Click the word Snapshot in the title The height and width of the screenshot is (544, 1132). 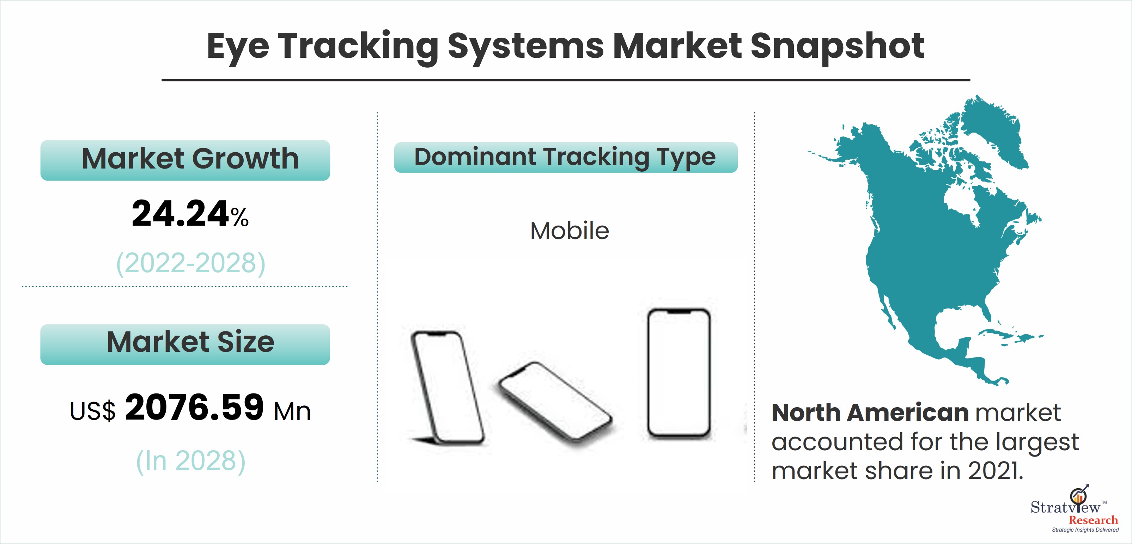[x=837, y=47]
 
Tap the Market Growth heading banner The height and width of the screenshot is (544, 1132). [x=185, y=160]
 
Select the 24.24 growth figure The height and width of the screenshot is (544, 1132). [x=180, y=214]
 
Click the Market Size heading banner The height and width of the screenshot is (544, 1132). [x=185, y=344]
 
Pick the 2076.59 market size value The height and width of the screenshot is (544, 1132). [x=194, y=407]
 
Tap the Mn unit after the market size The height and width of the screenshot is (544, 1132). [x=292, y=412]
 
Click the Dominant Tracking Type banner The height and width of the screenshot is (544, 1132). [x=566, y=157]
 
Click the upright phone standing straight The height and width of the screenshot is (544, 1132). [x=679, y=373]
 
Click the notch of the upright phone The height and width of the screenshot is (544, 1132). [x=679, y=312]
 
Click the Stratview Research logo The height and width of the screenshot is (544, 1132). [x=1075, y=510]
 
